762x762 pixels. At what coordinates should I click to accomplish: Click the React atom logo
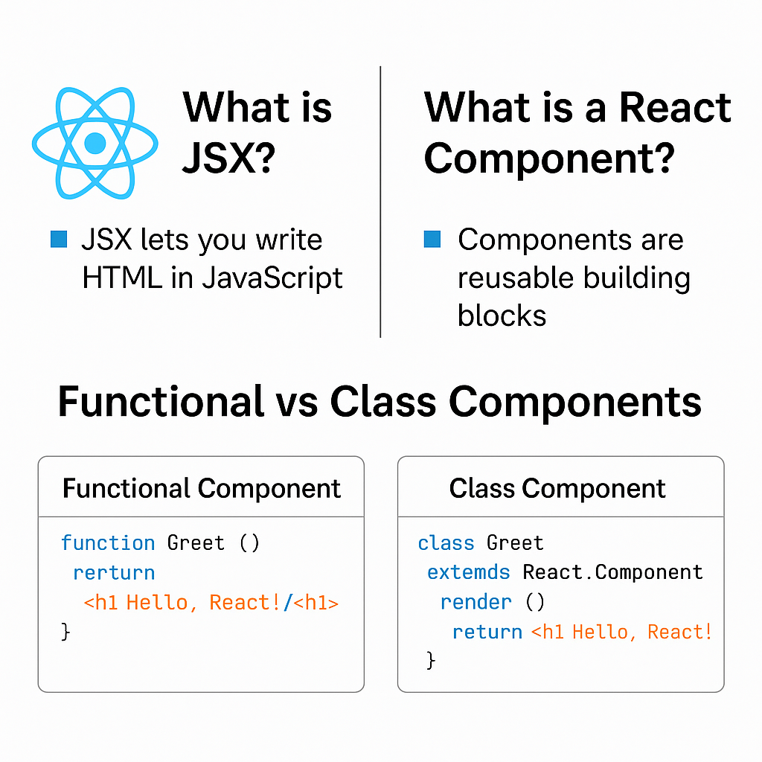(95, 143)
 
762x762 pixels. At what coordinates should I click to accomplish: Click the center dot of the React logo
(95, 143)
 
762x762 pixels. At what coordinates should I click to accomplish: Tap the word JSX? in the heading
(228, 159)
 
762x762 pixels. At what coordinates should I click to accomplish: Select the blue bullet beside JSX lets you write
(59, 239)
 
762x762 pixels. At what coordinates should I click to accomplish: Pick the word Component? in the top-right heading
(549, 159)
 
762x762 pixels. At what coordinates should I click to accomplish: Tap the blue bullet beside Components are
(432, 239)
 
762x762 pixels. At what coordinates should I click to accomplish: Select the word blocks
(502, 316)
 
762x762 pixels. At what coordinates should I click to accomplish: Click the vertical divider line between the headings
(380, 201)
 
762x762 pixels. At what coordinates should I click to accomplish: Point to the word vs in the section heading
(297, 402)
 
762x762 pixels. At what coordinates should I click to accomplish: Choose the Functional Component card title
(201, 488)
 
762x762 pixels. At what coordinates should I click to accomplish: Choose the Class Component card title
(557, 488)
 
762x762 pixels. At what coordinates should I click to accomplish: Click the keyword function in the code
(108, 542)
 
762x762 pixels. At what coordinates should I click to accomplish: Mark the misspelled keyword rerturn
(114, 572)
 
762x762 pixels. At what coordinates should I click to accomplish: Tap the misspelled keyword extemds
(468, 571)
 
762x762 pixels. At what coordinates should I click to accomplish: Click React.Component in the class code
(612, 571)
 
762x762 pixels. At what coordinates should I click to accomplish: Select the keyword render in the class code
(476, 601)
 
